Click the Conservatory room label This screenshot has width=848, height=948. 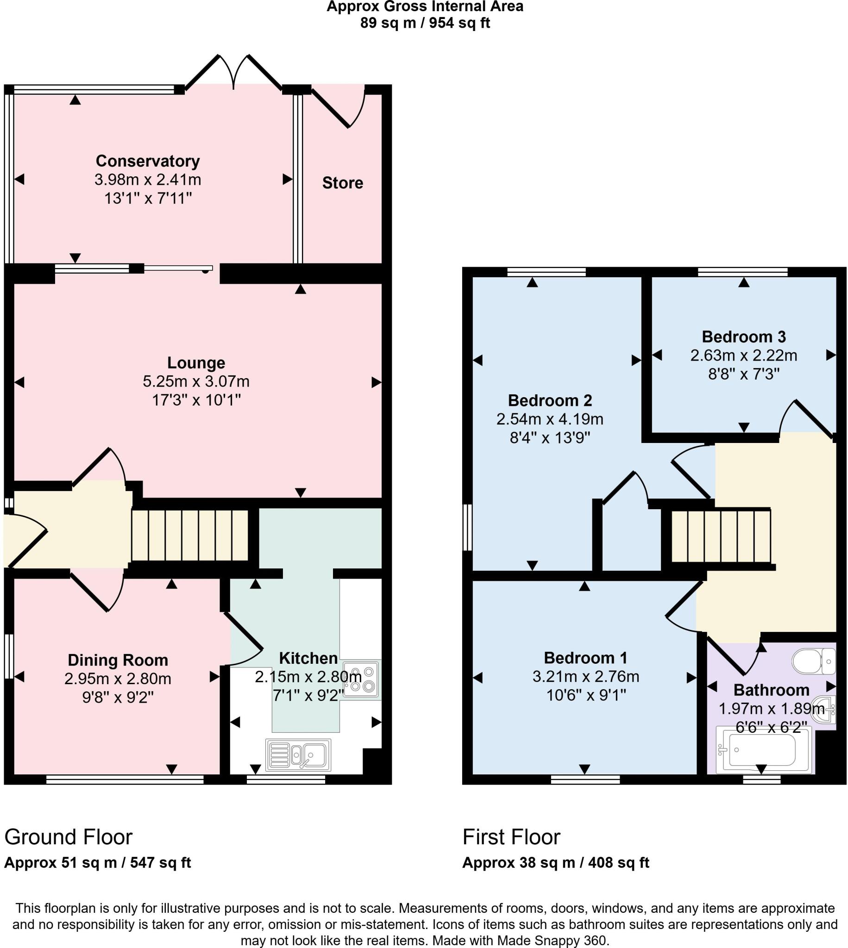tap(148, 161)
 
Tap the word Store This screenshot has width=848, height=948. tap(342, 183)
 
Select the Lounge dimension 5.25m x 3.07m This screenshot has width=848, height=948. tap(196, 381)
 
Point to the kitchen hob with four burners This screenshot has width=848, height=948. tap(362, 680)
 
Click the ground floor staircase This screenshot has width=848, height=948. tap(190, 535)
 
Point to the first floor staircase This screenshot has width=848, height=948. tap(721, 536)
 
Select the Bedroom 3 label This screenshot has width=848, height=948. tap(744, 337)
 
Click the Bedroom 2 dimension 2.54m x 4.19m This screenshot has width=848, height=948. tap(550, 419)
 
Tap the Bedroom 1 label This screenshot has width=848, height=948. tap(585, 658)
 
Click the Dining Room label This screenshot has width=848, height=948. tap(118, 660)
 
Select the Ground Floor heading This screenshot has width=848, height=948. tap(69, 837)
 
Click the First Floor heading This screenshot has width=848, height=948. tap(511, 837)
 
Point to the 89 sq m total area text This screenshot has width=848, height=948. tap(425, 22)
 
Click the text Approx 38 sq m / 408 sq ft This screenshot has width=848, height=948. tap(555, 863)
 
